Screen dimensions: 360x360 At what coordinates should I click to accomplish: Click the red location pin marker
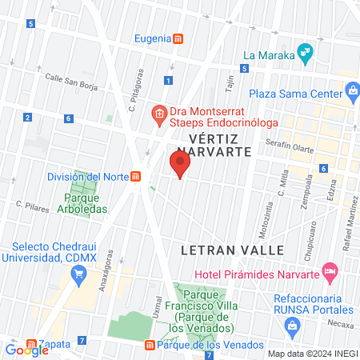(180, 165)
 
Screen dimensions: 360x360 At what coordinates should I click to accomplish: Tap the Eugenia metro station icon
(179, 38)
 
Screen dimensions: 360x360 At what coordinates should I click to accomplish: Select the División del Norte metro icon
(137, 176)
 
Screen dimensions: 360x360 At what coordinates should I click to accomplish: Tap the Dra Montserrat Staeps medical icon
(159, 114)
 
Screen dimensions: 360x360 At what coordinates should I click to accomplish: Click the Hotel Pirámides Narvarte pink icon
(329, 272)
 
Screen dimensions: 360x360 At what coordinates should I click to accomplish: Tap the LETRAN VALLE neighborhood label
(233, 250)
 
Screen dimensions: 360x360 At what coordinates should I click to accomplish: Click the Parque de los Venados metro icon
(149, 346)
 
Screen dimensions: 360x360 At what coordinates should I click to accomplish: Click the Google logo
(26, 349)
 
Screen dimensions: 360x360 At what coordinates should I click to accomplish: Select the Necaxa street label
(339, 326)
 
